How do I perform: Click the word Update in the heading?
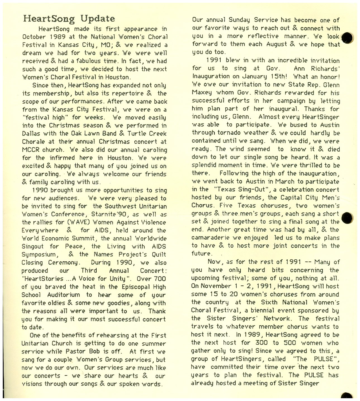point(97,18)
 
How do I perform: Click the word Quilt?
point(159,255)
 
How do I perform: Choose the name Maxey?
point(202,93)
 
